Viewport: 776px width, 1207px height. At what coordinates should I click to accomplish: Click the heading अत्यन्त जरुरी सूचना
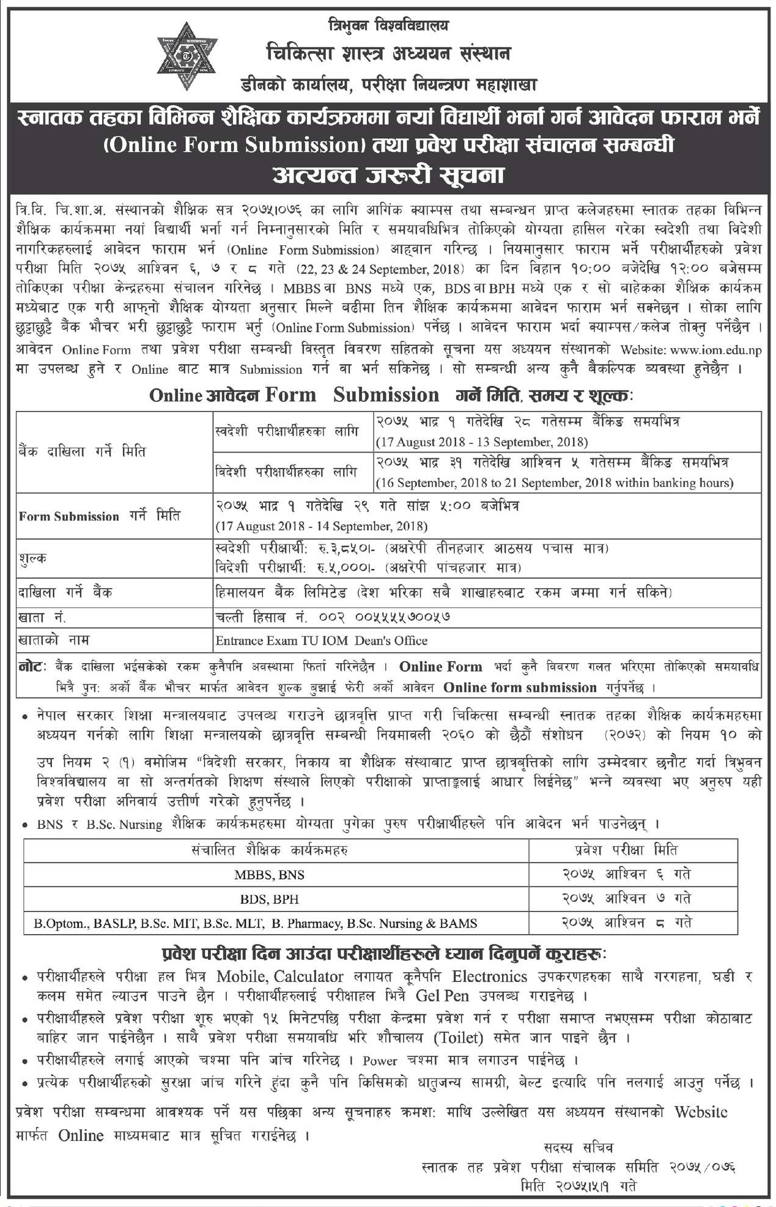[x=388, y=175]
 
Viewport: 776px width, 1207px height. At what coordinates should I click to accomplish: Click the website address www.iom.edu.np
[x=715, y=350]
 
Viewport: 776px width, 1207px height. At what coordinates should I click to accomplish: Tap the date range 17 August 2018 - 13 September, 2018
[x=482, y=442]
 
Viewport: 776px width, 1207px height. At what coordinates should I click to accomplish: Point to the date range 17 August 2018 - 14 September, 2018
[x=321, y=526]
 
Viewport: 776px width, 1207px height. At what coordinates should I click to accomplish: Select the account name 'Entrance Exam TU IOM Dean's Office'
[x=321, y=641]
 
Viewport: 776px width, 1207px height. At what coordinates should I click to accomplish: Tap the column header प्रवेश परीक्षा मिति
[x=627, y=850]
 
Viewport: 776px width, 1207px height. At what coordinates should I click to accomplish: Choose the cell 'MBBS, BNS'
[x=269, y=875]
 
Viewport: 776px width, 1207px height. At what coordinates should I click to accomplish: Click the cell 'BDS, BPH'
[x=269, y=899]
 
